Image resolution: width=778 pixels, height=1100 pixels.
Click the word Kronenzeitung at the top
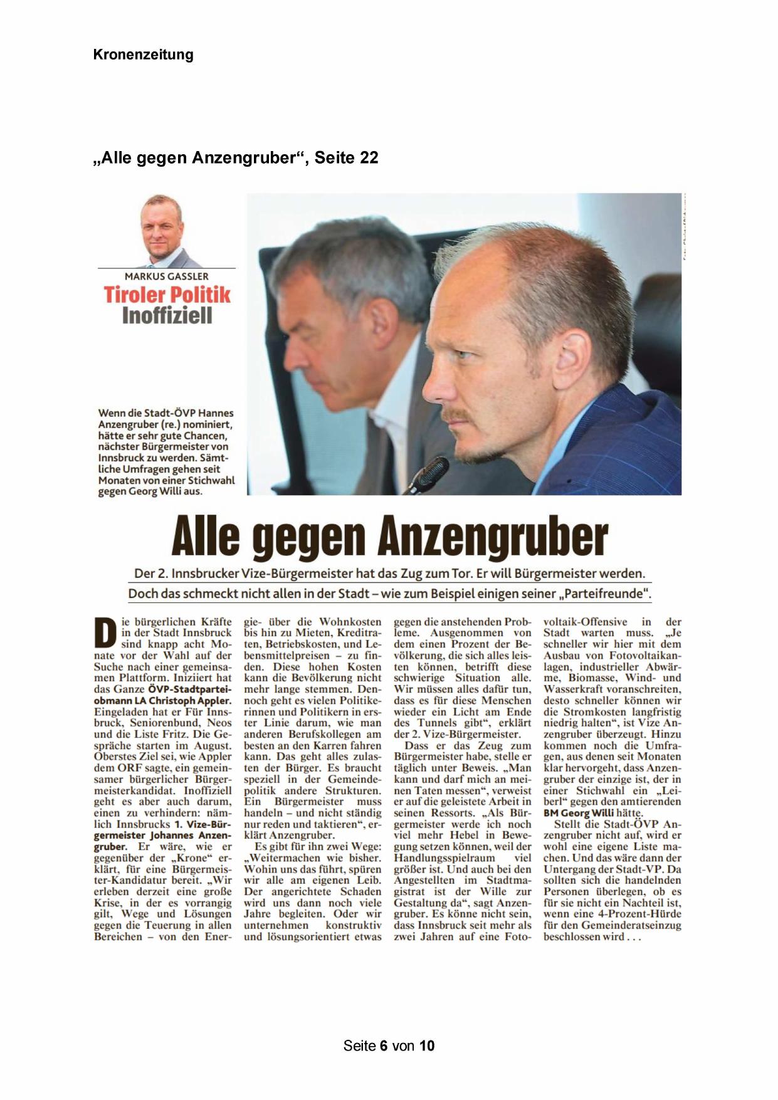tap(143, 55)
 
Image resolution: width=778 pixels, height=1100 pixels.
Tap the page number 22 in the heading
tap(369, 157)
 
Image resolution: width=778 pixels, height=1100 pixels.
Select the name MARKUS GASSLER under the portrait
tap(167, 276)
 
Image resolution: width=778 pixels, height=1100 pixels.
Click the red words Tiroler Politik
tap(167, 295)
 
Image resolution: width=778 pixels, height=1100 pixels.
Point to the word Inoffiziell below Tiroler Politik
tap(167, 315)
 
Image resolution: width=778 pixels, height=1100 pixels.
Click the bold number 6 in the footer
tap(383, 1045)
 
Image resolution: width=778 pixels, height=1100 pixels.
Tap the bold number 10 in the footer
tap(427, 1045)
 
